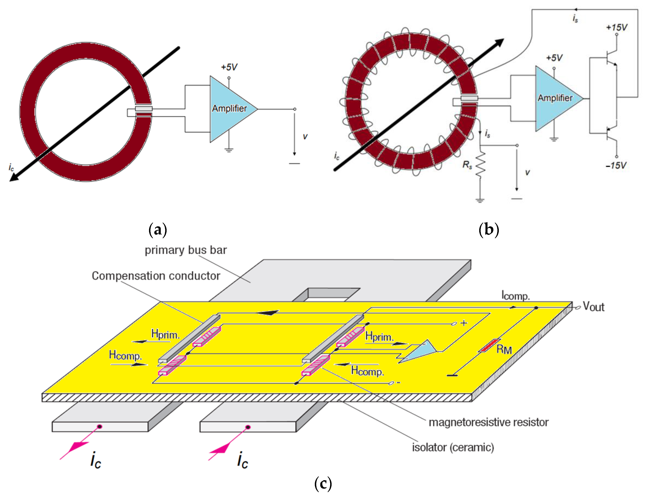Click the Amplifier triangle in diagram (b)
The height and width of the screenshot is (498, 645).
click(x=555, y=98)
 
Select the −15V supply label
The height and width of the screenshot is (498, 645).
click(x=616, y=165)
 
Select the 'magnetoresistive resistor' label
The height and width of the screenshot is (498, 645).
click(x=489, y=422)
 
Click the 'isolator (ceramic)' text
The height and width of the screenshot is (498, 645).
click(x=453, y=447)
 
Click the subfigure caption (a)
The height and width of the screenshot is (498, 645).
click(x=158, y=230)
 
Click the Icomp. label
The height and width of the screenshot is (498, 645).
click(x=516, y=295)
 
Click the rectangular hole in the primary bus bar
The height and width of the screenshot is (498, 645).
click(x=326, y=295)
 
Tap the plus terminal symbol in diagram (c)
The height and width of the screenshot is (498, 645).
click(x=464, y=323)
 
